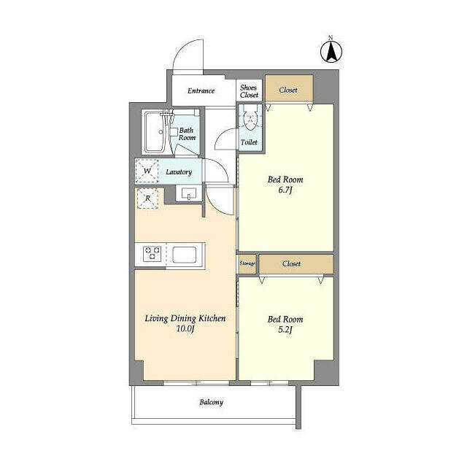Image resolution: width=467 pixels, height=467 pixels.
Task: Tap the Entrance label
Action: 201,91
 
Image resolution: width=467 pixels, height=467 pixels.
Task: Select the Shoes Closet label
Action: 249,91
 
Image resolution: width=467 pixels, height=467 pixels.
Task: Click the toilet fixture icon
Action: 249,119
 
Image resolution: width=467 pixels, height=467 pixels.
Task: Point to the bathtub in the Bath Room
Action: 155,131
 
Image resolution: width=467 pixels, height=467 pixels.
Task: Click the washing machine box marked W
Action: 148,171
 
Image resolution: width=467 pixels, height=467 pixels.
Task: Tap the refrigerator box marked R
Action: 148,198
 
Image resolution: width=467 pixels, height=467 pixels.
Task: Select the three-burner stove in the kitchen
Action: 152,253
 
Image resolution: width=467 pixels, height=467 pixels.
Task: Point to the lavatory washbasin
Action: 188,194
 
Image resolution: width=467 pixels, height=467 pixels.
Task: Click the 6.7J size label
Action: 285,190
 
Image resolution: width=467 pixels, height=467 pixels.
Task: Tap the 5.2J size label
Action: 285,330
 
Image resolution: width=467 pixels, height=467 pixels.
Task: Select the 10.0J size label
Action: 184,329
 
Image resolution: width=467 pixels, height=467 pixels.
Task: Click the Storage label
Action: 247,263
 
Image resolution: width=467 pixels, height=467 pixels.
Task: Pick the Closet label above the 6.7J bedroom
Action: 288,90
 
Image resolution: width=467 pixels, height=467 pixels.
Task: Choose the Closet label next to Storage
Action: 292,263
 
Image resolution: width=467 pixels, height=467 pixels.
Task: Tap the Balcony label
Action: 212,402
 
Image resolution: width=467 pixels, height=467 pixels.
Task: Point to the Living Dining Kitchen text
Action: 184,318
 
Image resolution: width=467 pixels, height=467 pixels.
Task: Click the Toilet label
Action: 249,143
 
